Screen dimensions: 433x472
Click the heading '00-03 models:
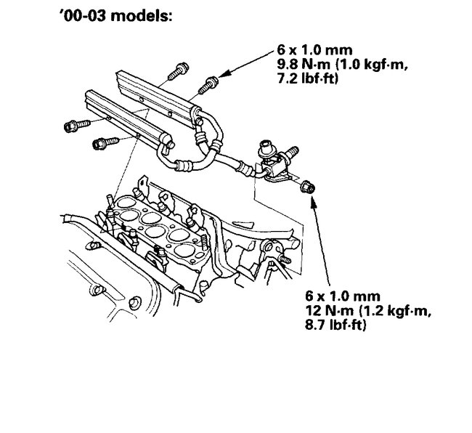click(115, 16)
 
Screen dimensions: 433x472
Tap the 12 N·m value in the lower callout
click(330, 312)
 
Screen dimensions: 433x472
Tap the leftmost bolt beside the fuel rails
click(73, 126)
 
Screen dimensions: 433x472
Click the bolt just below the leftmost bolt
click(100, 143)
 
